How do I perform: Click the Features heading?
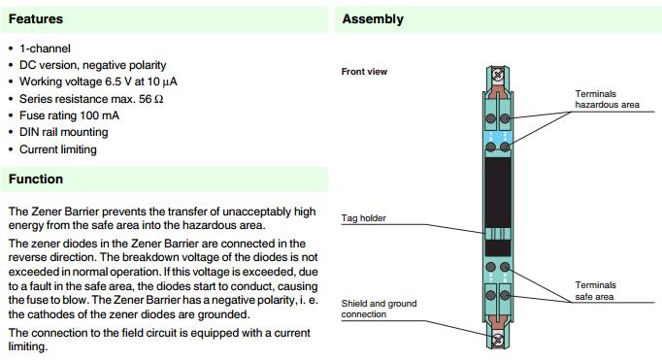point(36,19)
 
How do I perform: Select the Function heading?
point(36,179)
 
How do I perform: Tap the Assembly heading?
point(373,19)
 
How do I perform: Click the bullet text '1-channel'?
point(45,49)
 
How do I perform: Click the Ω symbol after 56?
point(159,99)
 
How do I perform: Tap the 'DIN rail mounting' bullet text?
point(64,132)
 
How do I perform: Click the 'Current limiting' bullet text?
point(58,149)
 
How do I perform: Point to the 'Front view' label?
point(364,72)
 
